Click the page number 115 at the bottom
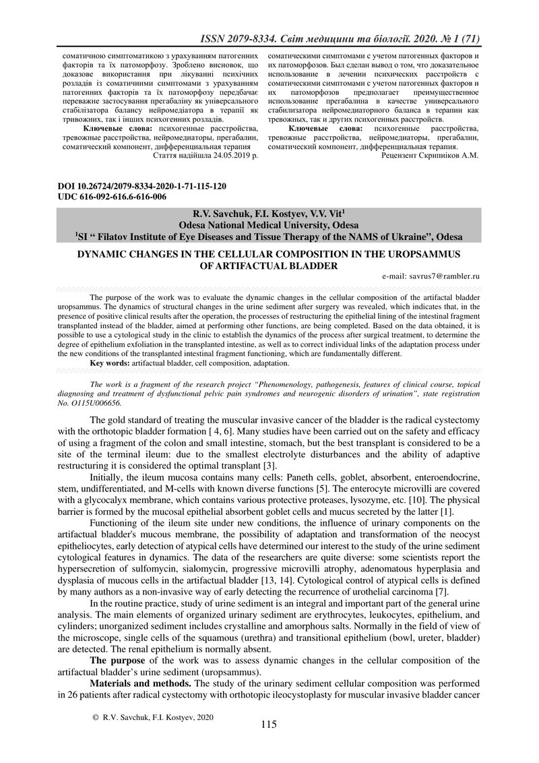pos(269,725)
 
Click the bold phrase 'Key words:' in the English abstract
pos(110,363)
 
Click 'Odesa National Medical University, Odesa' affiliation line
pos(269,225)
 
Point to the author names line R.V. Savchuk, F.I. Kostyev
pos(269,214)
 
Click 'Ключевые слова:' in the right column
pos(325,127)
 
